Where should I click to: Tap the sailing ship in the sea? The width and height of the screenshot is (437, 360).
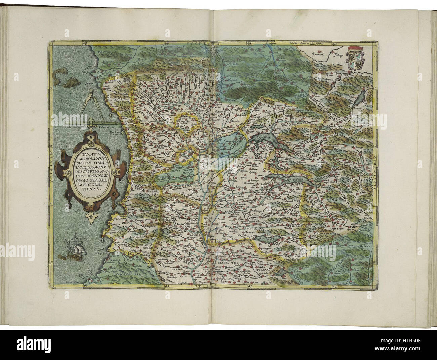71,248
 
